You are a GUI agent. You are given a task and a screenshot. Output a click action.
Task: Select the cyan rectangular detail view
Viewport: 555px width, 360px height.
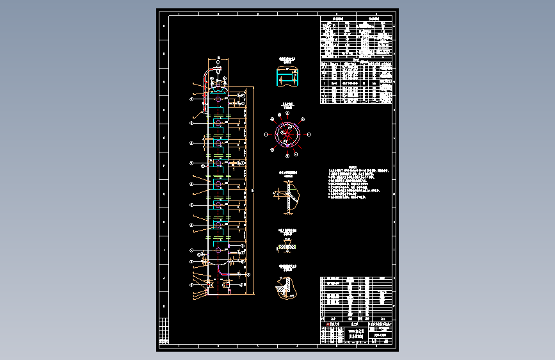click(x=287, y=77)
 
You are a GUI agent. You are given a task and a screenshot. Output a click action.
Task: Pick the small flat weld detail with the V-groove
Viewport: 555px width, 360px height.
click(x=286, y=245)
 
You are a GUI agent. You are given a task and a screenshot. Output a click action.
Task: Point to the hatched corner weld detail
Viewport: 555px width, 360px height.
click(x=287, y=287)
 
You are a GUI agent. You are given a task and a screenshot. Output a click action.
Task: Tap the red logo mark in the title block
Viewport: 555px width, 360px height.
click(x=327, y=325)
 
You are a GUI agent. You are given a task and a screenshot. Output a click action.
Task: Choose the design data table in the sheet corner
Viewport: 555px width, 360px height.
click(x=355, y=38)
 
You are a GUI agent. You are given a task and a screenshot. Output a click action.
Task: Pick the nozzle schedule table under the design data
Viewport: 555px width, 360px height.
click(x=355, y=82)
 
